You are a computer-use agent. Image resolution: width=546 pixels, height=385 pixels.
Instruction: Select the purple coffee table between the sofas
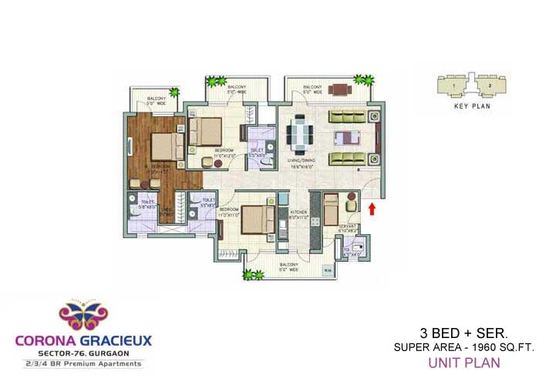(346, 139)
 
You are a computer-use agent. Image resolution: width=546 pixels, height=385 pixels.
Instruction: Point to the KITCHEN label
(298, 212)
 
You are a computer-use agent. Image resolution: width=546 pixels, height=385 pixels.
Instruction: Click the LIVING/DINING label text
(302, 159)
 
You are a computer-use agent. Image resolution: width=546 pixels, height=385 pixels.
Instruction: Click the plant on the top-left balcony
(175, 93)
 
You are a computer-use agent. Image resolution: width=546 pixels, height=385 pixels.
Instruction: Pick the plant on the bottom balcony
(249, 273)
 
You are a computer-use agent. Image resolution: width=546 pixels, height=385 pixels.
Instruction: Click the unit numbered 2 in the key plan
(487, 85)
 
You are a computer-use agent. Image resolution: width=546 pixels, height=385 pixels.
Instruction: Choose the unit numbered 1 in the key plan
(454, 85)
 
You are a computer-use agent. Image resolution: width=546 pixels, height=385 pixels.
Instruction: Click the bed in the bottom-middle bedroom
(255, 219)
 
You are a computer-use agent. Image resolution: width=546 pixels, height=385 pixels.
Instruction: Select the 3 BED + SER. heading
(463, 333)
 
